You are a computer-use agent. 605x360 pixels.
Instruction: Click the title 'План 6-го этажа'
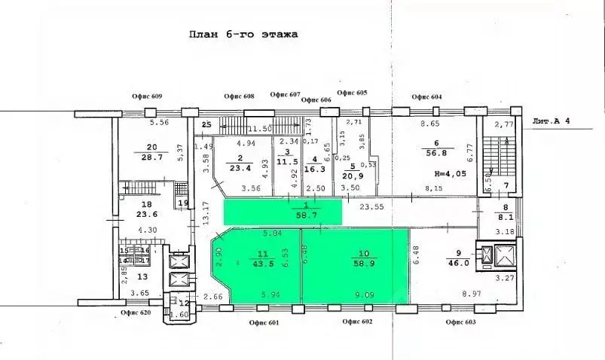point(243,35)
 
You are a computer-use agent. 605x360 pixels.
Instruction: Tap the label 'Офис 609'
point(146,97)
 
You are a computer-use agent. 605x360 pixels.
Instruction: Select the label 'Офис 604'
point(426,97)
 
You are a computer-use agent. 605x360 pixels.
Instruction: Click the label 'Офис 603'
point(460,322)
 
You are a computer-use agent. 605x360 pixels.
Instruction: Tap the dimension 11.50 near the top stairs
point(261,129)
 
